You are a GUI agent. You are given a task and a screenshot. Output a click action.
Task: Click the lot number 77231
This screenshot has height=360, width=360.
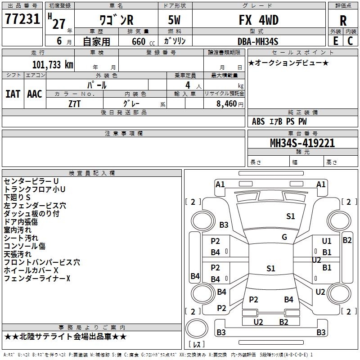click(22, 19)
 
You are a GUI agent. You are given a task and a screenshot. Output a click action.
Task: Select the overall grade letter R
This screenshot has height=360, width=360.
click(343, 21)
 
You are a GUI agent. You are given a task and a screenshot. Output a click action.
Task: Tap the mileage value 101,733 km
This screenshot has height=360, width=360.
click(53, 65)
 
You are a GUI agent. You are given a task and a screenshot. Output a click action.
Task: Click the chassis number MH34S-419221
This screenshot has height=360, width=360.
click(302, 143)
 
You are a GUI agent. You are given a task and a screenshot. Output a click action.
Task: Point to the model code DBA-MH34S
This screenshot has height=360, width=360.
click(258, 41)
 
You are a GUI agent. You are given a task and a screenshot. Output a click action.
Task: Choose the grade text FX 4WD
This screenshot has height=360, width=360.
click(259, 20)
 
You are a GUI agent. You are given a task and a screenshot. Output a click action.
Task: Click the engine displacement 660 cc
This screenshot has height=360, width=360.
click(143, 41)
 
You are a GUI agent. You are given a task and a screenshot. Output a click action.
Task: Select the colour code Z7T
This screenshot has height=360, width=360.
click(74, 104)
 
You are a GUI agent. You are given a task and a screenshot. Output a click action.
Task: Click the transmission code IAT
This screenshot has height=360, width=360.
click(13, 94)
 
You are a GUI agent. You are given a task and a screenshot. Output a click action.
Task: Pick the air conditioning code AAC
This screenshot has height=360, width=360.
click(35, 94)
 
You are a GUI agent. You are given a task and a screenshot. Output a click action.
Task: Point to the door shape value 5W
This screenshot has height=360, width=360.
click(174, 20)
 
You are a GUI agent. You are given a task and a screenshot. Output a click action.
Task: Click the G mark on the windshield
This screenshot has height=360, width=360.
click(284, 237)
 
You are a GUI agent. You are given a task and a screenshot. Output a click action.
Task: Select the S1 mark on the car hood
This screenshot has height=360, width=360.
click(290, 216)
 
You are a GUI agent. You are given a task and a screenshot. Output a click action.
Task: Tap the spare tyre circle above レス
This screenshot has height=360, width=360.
click(197, 328)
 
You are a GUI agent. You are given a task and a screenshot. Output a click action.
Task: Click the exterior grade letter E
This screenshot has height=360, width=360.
click(336, 41)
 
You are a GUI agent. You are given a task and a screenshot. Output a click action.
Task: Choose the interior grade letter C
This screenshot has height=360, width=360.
click(351, 41)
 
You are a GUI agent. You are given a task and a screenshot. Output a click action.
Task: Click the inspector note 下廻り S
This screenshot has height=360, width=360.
click(17, 198)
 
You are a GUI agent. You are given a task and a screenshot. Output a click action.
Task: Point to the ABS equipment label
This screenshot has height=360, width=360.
click(258, 121)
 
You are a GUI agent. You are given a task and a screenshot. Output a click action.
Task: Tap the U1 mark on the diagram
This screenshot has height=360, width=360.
click(327, 241)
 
